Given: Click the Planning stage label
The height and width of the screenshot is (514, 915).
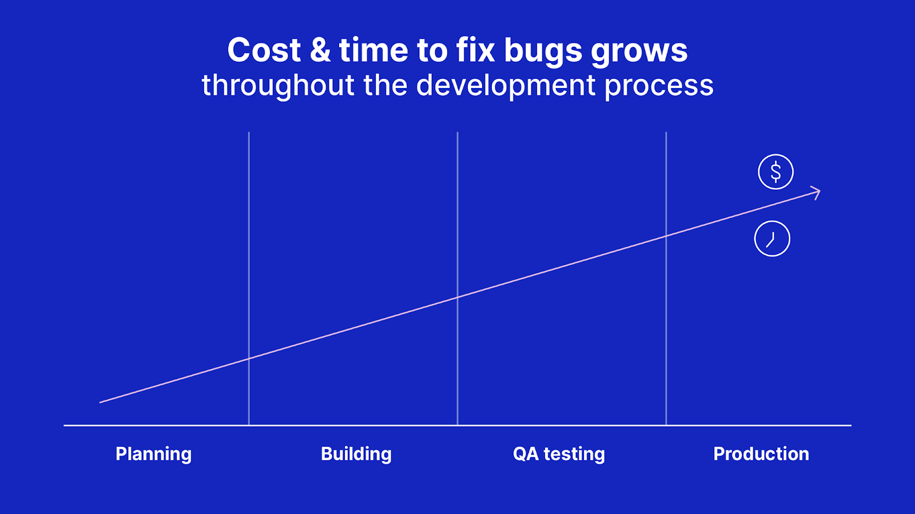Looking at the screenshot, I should coord(153,454).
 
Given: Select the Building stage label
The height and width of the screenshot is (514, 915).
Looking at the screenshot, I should coord(356,454).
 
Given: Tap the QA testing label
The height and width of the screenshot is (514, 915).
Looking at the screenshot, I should coord(559,454).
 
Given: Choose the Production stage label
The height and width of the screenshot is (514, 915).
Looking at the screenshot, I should coord(761,454).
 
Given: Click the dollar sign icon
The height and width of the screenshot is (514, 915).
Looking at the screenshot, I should coord(775,171).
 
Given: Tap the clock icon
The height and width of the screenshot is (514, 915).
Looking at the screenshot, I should coord(772,239).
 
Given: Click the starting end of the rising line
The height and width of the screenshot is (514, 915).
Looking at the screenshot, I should coord(101,402).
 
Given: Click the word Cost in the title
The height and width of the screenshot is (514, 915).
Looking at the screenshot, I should coord(264,50).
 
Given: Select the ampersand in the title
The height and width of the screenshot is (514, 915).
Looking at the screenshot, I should coord(320,50).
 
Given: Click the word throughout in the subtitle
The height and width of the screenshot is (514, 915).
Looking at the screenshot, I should coord(278,86).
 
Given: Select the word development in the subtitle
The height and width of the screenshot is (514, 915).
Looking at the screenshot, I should coord(506,86).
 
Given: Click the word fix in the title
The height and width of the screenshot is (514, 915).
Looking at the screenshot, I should coord(476,50).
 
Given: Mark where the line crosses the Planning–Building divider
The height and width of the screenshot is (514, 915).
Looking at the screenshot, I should coord(249,359).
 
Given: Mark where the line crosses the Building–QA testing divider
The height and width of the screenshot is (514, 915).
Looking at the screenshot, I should coord(457,297).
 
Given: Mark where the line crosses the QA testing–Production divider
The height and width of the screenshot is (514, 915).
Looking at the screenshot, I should coord(666,236).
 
